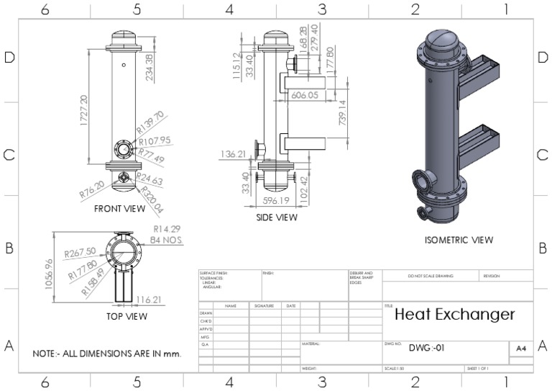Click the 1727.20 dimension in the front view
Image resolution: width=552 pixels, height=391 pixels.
click(x=84, y=109)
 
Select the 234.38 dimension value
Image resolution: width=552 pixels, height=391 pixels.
click(x=149, y=67)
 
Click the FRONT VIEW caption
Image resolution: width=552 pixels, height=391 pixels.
click(x=119, y=209)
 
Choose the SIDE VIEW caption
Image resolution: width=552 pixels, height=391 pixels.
click(x=277, y=217)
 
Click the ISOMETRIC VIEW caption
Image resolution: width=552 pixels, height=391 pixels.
click(x=459, y=240)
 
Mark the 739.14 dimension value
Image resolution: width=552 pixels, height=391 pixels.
click(x=342, y=114)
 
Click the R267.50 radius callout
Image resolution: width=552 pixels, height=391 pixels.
click(x=79, y=253)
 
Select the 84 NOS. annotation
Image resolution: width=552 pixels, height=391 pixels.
click(x=166, y=239)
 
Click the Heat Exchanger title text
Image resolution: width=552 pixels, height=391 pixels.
click(x=454, y=314)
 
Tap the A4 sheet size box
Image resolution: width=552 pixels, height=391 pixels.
click(x=521, y=349)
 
